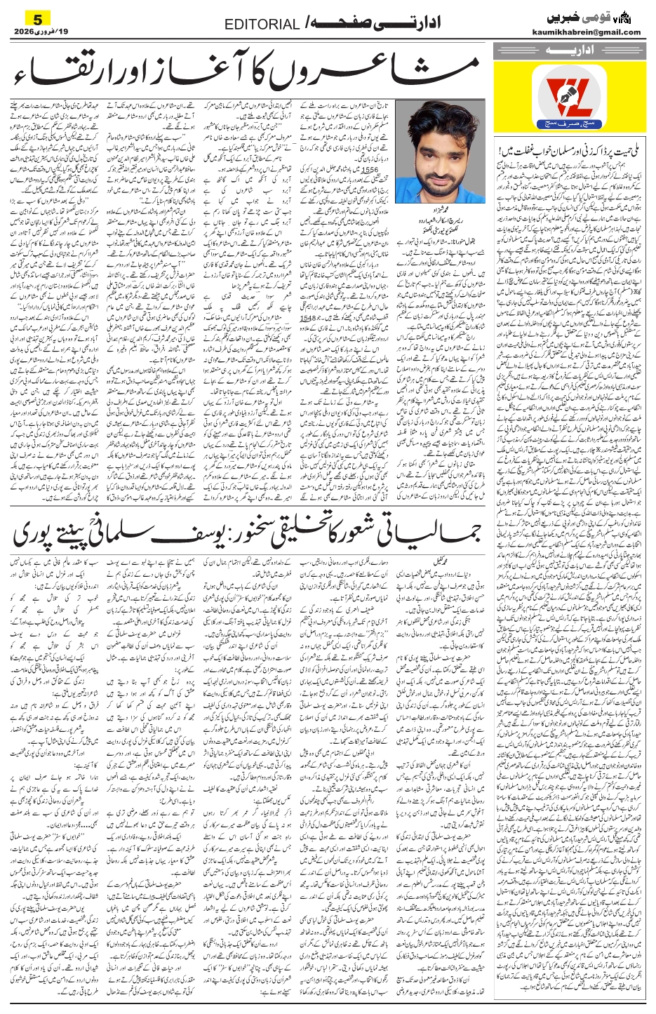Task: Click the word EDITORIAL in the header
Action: coord(262,25)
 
